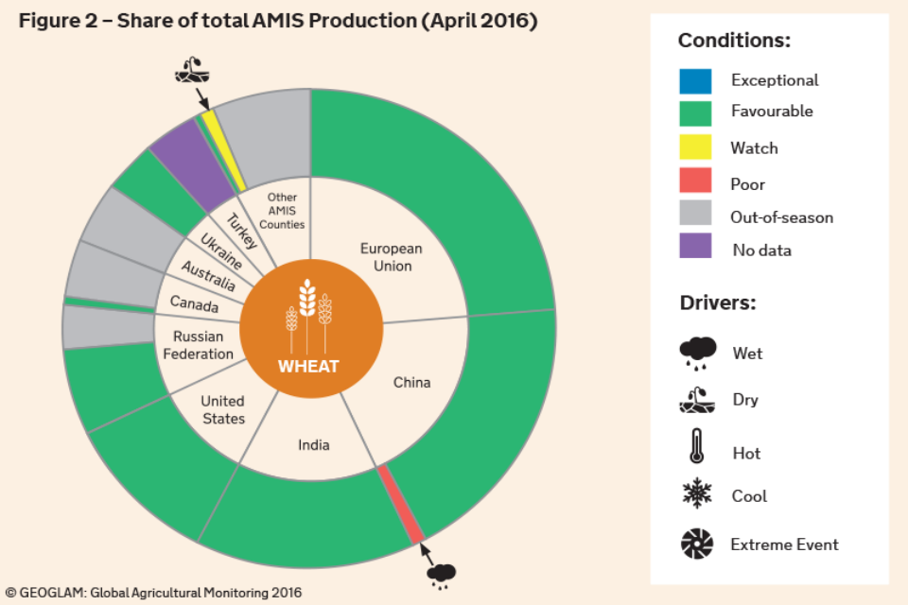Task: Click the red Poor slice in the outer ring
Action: [x=401, y=504]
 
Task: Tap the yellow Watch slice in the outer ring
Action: [x=223, y=149]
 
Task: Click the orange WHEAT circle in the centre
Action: [x=311, y=329]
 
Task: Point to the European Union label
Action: [x=392, y=257]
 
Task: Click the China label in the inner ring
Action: [x=411, y=383]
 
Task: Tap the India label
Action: [x=314, y=444]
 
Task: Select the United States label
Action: [x=223, y=410]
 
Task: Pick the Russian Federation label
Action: [x=198, y=345]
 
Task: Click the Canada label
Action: [x=195, y=304]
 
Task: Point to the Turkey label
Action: [x=241, y=231]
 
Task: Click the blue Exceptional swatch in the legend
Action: [x=695, y=81]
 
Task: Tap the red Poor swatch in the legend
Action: [x=695, y=180]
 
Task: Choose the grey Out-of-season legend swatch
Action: [x=695, y=213]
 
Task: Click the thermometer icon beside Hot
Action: [x=697, y=446]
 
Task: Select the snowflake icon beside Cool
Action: [x=697, y=493]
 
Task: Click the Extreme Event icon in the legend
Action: [x=697, y=544]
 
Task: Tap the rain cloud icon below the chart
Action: [x=442, y=577]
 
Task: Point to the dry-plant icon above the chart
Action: [x=192, y=70]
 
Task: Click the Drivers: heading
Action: [x=718, y=302]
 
